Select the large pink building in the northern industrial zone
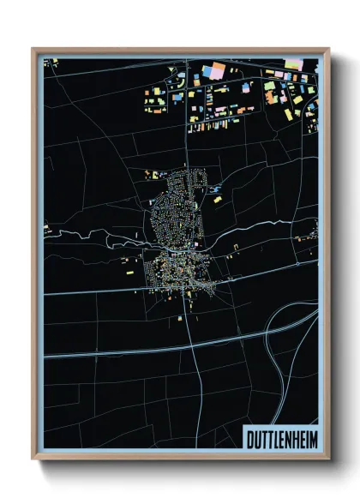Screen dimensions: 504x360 pos(216,71)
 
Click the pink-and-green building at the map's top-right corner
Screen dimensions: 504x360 pos(293,63)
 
